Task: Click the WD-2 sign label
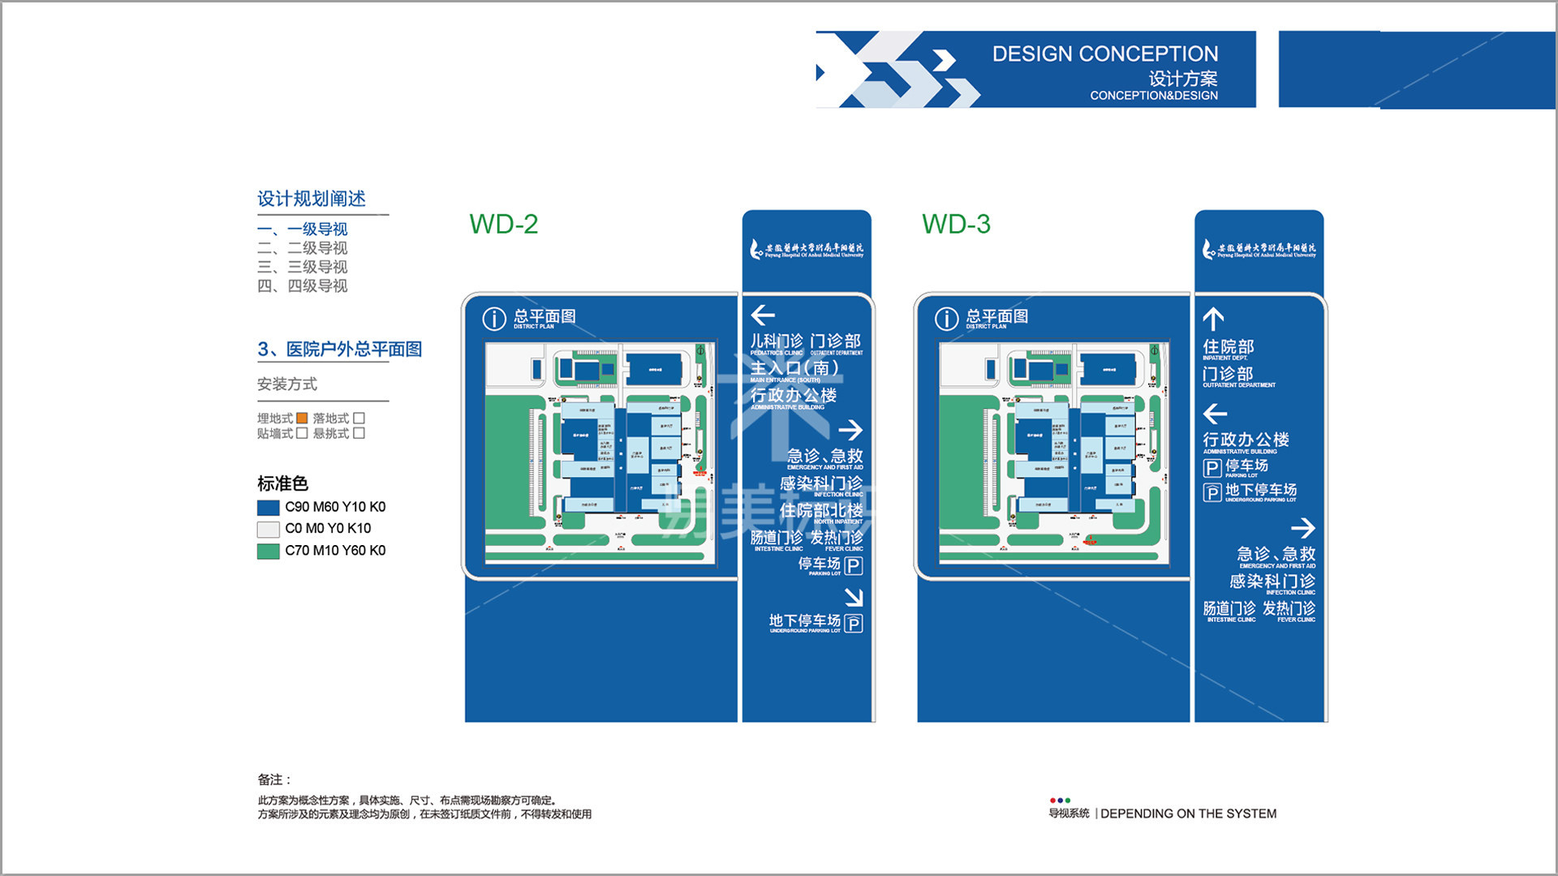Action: tap(503, 225)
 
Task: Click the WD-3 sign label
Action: tap(956, 225)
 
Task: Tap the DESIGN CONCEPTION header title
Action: tap(1104, 54)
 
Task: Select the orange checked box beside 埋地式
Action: tap(302, 419)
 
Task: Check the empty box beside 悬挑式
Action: tap(359, 433)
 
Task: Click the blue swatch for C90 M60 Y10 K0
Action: tap(268, 508)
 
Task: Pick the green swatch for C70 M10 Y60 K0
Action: tap(268, 552)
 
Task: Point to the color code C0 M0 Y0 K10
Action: tap(328, 529)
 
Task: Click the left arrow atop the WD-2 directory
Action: tap(763, 315)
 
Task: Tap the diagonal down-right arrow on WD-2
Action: tap(853, 598)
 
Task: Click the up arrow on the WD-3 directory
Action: tap(1213, 319)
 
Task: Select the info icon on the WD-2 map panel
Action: tap(494, 319)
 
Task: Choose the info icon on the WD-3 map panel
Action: tap(946, 319)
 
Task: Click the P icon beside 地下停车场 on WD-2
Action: tap(853, 623)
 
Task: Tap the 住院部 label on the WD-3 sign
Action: tap(1228, 347)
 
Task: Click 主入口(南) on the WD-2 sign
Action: tap(794, 368)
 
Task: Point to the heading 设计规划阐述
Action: tap(312, 199)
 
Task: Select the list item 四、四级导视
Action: tap(302, 286)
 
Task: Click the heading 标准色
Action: tap(282, 484)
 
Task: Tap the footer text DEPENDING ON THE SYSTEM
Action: tap(1188, 814)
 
